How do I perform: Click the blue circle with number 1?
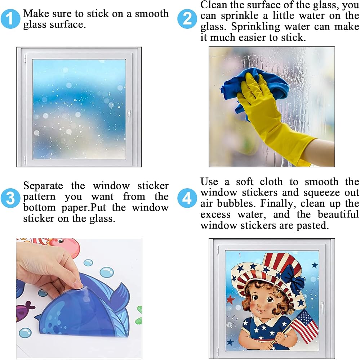point(10,19)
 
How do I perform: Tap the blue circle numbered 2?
point(187,19)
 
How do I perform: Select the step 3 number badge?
point(10,198)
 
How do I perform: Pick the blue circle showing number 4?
point(187,198)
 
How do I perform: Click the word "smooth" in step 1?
point(152,14)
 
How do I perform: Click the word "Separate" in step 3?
point(43,186)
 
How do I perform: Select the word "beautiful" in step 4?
point(338,215)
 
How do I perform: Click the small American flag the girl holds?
point(304,326)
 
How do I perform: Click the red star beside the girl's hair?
point(230,300)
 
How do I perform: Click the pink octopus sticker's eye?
point(61,241)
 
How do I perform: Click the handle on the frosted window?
point(129,116)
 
